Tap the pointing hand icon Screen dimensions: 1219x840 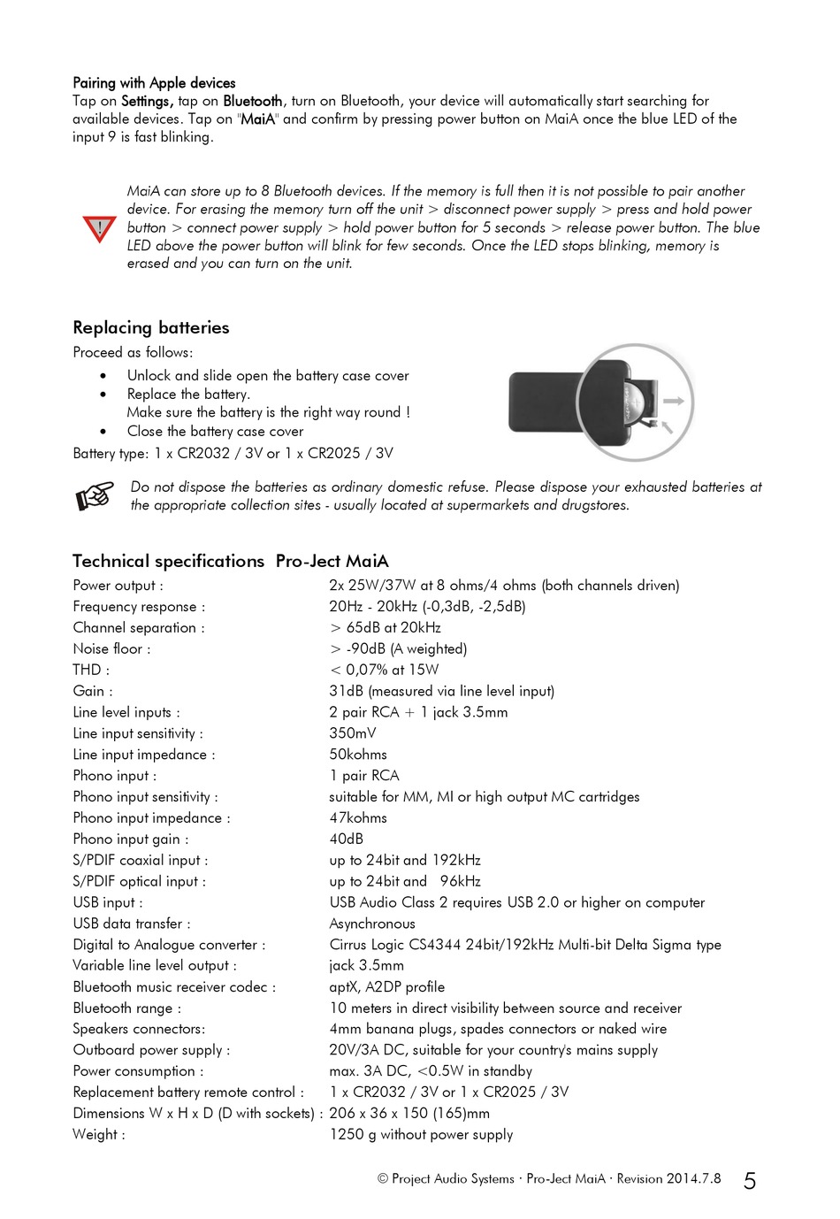95,495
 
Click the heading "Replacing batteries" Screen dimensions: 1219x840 151,327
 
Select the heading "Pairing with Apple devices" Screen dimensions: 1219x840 154,83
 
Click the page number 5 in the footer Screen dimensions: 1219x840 749,1181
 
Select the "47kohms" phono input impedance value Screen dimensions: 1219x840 358,817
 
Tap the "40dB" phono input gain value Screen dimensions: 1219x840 346,839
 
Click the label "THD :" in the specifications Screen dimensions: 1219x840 91,670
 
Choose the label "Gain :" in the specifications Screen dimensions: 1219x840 93,691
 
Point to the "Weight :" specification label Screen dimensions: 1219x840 99,1134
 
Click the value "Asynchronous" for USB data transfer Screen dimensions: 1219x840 372,924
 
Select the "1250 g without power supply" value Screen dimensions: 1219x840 421,1134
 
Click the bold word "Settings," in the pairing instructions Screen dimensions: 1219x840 148,101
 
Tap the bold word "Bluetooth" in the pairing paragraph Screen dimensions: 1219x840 252,101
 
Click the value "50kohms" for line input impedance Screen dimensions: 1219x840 358,755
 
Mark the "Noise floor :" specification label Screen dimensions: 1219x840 111,648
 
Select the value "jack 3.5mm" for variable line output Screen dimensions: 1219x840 366,965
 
